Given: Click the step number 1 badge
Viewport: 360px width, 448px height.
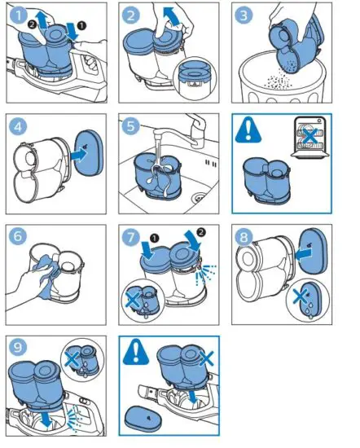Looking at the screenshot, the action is (x=19, y=15).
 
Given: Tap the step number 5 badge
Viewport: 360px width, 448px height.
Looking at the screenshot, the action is (x=131, y=126).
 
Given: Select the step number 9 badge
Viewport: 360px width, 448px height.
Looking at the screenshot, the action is (x=18, y=348).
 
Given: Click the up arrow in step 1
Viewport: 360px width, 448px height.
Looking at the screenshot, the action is (x=42, y=20).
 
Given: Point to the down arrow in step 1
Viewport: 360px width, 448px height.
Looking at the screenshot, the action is (x=72, y=32).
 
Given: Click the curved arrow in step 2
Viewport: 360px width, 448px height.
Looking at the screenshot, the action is (x=172, y=16).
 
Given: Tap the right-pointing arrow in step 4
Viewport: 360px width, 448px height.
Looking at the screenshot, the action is (x=77, y=155).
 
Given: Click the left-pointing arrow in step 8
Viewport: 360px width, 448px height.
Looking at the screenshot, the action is (x=303, y=254).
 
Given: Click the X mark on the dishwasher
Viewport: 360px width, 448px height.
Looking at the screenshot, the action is (x=310, y=135).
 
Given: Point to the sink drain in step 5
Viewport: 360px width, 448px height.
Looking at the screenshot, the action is (x=200, y=196).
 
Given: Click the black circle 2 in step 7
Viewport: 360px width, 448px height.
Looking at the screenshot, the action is (x=201, y=232).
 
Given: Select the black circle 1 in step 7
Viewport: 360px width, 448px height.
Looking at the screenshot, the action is (x=154, y=238).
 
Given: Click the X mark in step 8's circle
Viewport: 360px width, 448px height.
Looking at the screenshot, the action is (x=300, y=296).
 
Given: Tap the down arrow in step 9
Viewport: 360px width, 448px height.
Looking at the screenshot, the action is (x=46, y=419).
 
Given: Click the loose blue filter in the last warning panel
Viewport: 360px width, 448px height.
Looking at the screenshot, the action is (x=143, y=418).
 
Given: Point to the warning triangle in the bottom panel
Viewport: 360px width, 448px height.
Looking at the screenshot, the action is (x=136, y=352).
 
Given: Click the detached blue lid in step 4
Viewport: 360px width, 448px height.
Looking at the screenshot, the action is (x=89, y=153).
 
